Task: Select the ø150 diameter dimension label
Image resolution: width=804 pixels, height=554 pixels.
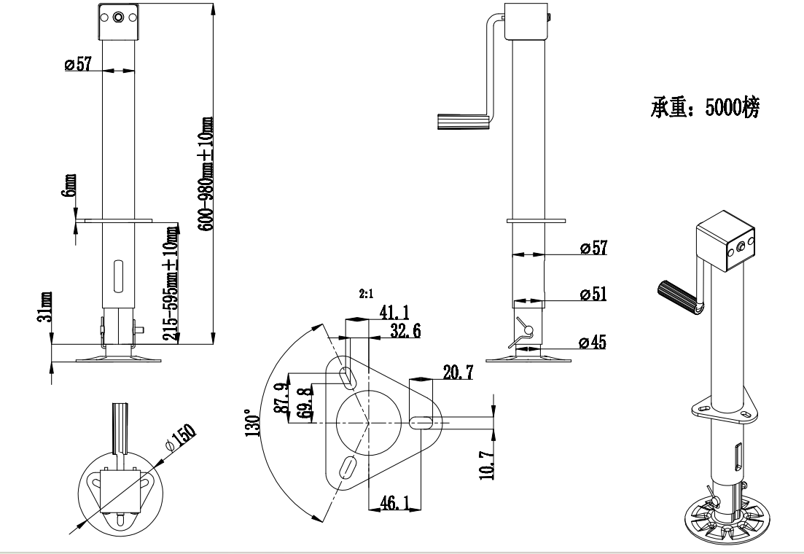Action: pos(182,438)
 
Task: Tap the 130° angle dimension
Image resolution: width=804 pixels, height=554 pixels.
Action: pos(253,421)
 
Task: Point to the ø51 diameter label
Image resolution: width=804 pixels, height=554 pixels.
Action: pos(594,294)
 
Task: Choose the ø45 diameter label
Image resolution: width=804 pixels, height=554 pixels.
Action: pos(594,341)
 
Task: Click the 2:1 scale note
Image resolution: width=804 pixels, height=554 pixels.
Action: pos(365,294)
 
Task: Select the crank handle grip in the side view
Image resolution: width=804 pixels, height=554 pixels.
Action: pos(461,120)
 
